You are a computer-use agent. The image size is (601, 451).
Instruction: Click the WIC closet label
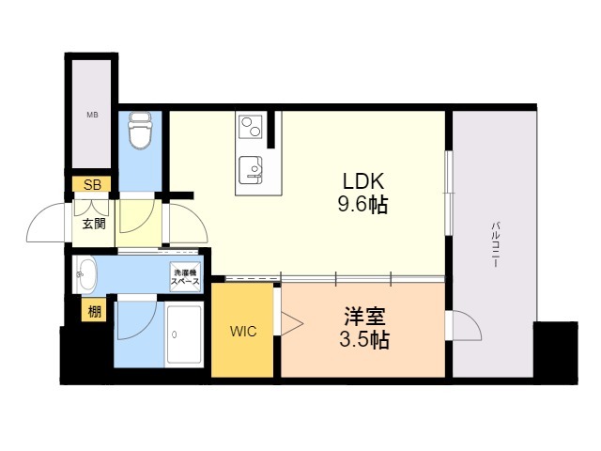point(241,332)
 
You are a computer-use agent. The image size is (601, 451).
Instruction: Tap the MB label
point(92,116)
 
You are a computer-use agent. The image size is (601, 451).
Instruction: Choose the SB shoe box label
point(92,184)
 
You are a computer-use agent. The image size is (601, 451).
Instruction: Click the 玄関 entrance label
point(92,224)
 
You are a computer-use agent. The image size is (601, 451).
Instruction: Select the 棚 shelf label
point(94,312)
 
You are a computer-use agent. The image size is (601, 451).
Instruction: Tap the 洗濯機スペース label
point(184,277)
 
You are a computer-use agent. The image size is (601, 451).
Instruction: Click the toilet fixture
point(141,132)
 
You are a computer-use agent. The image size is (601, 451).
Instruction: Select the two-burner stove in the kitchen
point(251,125)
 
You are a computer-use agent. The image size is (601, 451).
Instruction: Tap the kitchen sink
point(252,169)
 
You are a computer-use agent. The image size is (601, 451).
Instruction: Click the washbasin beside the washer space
point(85,276)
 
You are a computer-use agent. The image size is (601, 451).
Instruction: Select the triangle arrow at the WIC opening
point(290,324)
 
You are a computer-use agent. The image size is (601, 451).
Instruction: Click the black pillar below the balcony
point(555,352)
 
